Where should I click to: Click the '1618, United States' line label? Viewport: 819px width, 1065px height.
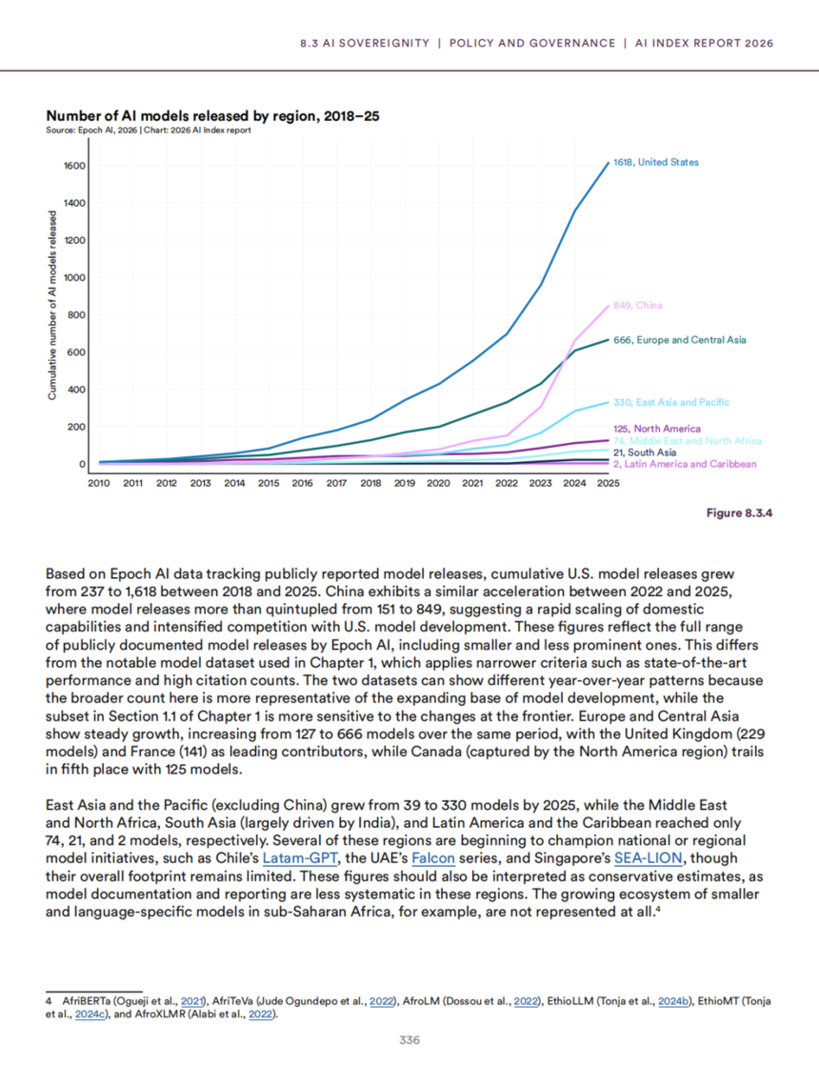tap(656, 162)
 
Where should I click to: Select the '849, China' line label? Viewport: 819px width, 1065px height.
tap(638, 306)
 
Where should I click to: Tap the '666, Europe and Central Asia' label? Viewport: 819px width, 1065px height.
tap(679, 340)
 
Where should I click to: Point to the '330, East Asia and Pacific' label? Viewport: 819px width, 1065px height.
tap(671, 402)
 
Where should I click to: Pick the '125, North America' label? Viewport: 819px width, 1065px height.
tap(657, 429)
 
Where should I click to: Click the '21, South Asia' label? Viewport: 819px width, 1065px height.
tap(645, 452)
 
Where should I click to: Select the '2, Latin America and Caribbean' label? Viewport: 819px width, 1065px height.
tap(685, 465)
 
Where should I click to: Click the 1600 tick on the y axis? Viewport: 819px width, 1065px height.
tap(75, 166)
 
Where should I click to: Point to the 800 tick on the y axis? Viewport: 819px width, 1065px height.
tap(77, 315)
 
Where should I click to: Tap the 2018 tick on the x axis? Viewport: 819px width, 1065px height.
tap(370, 484)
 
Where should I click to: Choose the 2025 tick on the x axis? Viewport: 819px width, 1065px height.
tap(608, 484)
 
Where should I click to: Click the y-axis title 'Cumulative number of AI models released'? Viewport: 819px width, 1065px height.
tap(52, 305)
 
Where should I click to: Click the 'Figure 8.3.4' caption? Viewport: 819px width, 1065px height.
tap(740, 512)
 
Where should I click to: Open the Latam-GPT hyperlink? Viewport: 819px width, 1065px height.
tap(299, 858)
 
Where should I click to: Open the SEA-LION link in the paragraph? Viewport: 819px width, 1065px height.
tap(648, 858)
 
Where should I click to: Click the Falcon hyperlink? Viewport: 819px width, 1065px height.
tap(433, 858)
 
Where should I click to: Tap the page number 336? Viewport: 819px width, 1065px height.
tap(409, 1040)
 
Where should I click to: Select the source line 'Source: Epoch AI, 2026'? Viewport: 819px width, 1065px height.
tap(91, 131)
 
